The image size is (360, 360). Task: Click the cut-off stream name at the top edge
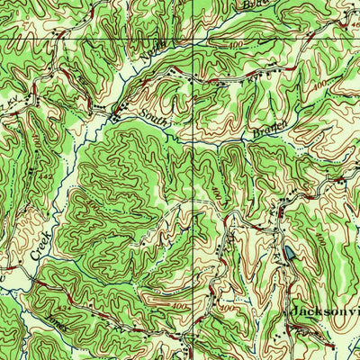(256, 5)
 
